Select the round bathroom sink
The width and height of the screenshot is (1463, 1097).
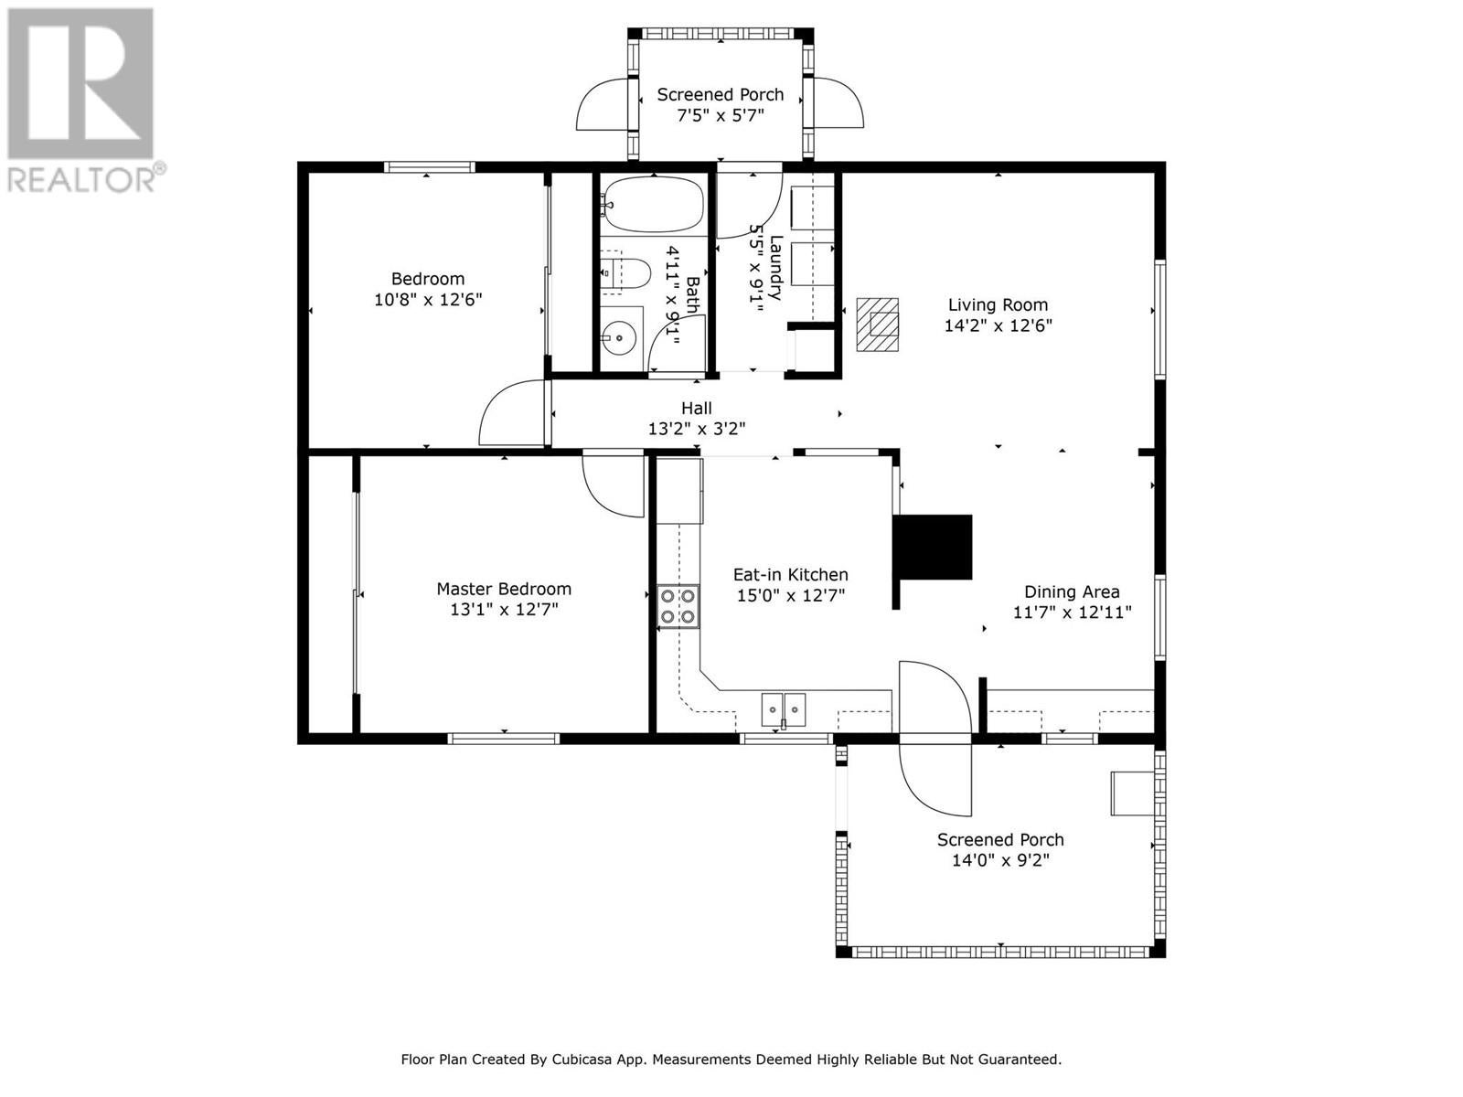coord(621,339)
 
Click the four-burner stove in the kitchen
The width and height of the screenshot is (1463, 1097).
coord(678,606)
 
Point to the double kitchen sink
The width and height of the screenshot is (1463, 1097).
coord(783,710)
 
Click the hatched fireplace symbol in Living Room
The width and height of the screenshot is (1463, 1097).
coord(877,325)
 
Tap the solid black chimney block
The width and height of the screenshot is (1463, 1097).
coord(933,547)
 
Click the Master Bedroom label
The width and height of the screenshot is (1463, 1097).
coord(504,589)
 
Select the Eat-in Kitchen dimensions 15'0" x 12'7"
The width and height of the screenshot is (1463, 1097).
coord(791,595)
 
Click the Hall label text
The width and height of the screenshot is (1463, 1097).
coord(697,408)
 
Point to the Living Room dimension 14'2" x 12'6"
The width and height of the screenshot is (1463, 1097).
coord(998,325)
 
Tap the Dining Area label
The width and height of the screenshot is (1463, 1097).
coord(1072,591)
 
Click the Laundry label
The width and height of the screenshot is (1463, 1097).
coord(776,268)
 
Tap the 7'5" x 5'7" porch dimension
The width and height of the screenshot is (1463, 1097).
coord(720,115)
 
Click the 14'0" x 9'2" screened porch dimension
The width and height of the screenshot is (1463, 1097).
coord(1000,860)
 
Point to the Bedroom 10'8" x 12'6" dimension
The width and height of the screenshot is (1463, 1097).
coord(428,300)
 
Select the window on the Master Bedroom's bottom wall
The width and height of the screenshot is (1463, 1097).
coord(503,738)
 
